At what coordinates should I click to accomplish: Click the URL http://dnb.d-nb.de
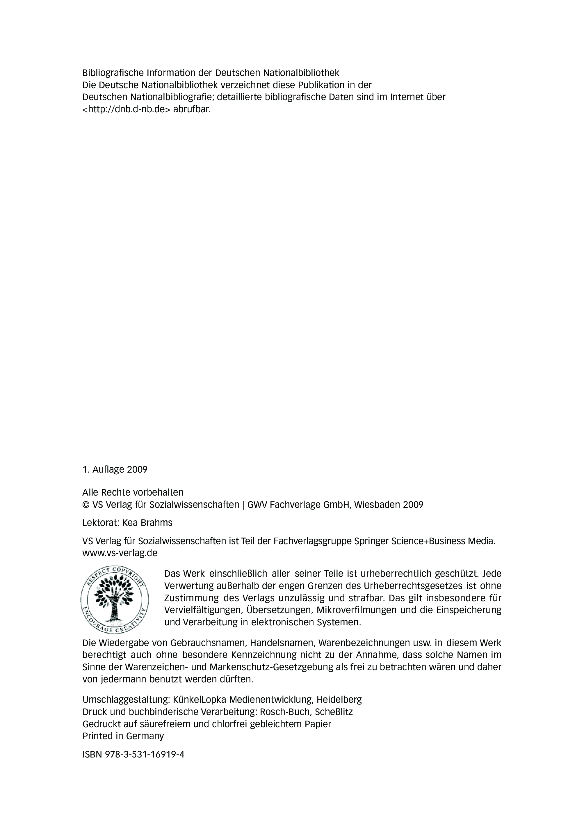(126, 109)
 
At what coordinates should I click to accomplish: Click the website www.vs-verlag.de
(120, 553)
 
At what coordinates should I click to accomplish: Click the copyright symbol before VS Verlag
(86, 505)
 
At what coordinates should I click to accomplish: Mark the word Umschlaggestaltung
(126, 700)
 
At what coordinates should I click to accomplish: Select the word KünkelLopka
(200, 700)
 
